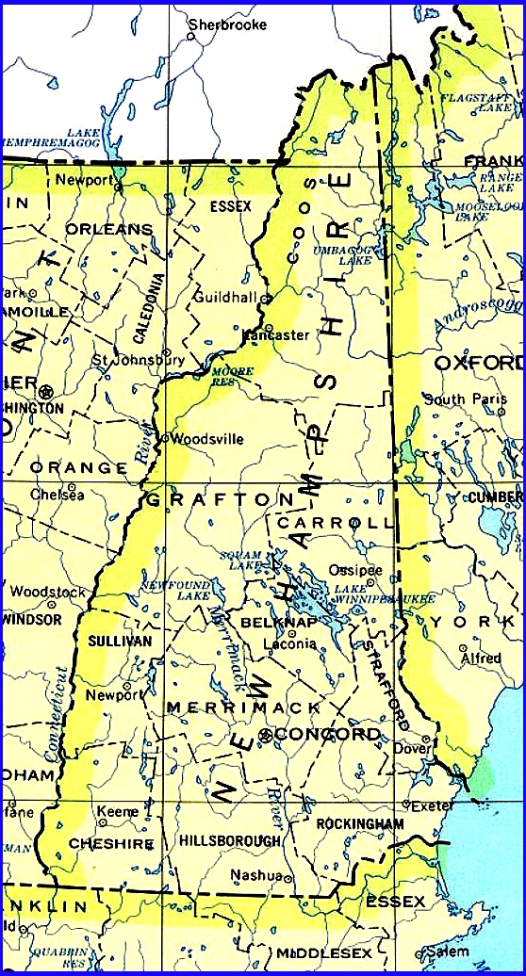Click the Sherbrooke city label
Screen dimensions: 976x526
[x=227, y=24]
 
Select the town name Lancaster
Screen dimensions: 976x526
[x=276, y=334]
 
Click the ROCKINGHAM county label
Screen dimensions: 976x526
[x=360, y=823]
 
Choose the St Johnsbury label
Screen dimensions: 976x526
[x=138, y=360]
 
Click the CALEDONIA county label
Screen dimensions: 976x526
[x=146, y=307]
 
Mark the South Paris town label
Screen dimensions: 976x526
[x=459, y=399]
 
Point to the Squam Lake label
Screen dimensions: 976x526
[x=239, y=560]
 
